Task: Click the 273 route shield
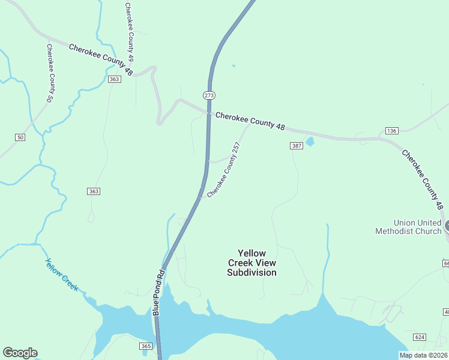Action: pyautogui.click(x=209, y=95)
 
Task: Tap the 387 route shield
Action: pyautogui.click(x=296, y=146)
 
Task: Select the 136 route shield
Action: pyautogui.click(x=391, y=131)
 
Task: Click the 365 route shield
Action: pyautogui.click(x=146, y=346)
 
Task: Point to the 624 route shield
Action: pyautogui.click(x=420, y=337)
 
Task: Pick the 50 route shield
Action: pyautogui.click(x=20, y=137)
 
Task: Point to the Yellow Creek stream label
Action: pyautogui.click(x=62, y=274)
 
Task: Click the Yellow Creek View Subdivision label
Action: pyautogui.click(x=252, y=263)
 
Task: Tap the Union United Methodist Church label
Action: pyautogui.click(x=408, y=226)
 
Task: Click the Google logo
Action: pyautogui.click(x=20, y=353)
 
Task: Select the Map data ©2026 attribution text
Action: pyautogui.click(x=424, y=355)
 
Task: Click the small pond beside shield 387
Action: pyautogui.click(x=310, y=142)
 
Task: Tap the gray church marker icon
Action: pyautogui.click(x=447, y=226)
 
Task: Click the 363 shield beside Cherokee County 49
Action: pyautogui.click(x=114, y=79)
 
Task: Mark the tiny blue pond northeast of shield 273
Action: pyautogui.click(x=233, y=65)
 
